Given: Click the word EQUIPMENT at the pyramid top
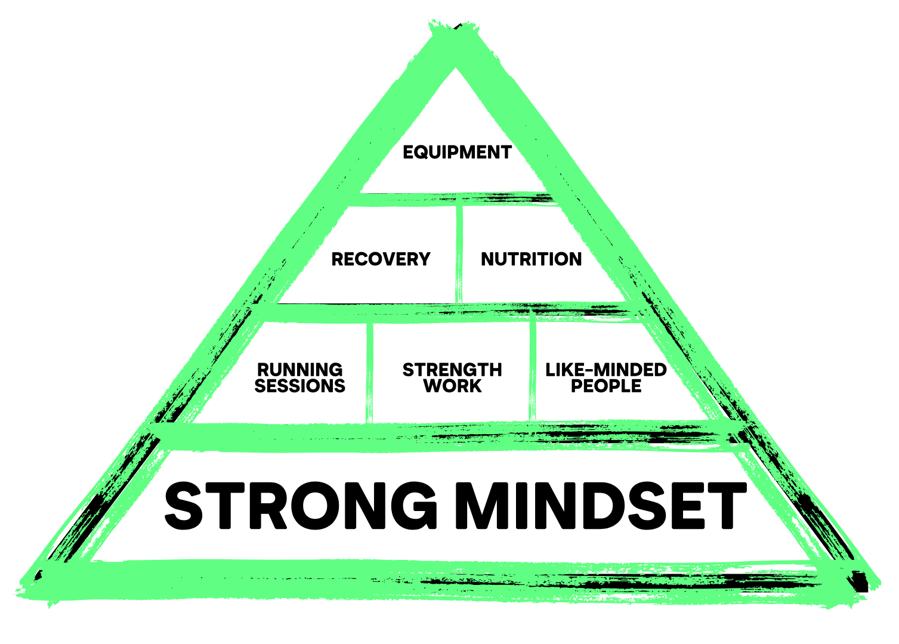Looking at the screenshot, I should click(x=457, y=153).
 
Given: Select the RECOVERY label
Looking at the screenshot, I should click(x=381, y=259).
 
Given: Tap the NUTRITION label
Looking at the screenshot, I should click(x=531, y=259).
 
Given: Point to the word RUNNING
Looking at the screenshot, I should click(x=299, y=370).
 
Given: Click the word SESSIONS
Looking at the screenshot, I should click(x=299, y=386).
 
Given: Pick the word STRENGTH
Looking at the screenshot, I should click(x=452, y=370).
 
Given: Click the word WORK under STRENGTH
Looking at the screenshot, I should click(x=452, y=386).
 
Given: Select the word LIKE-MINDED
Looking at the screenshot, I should click(x=605, y=370).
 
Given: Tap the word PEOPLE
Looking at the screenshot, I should click(x=605, y=386).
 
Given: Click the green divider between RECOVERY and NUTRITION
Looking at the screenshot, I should click(x=459, y=254).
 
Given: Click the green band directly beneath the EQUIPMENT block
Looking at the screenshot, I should click(x=453, y=199).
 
